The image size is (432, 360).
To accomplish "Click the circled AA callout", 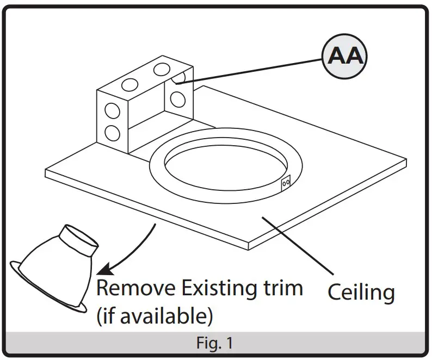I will pos(344,57).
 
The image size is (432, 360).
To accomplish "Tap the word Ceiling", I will pos(361,292).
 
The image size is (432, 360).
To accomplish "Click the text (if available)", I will pos(154,315).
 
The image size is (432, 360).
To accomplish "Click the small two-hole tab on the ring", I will pos(285,184).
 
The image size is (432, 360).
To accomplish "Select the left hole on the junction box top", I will pos(130,84).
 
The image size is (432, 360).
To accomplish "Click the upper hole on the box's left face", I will pos(112,111).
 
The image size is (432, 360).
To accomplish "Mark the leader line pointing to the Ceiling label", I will pos(300,244).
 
